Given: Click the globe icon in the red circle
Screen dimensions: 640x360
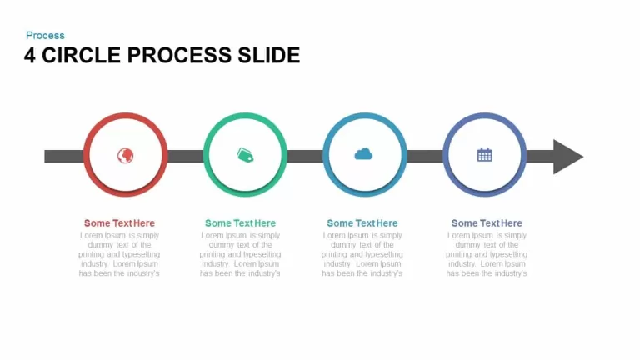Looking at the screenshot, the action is (x=125, y=156).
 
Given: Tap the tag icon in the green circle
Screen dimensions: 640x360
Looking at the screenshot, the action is (x=245, y=155).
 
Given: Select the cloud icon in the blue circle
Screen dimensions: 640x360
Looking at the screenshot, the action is (x=363, y=154).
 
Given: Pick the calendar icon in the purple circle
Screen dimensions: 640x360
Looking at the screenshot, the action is (x=484, y=155).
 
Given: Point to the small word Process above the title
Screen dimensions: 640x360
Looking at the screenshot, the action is (x=45, y=36).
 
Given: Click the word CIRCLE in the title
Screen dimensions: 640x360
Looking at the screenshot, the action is (x=81, y=56).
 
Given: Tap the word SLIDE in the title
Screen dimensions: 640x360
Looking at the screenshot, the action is (x=269, y=56).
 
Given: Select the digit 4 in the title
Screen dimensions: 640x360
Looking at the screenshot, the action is (x=30, y=56).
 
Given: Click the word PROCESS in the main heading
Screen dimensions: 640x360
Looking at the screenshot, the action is (x=180, y=56).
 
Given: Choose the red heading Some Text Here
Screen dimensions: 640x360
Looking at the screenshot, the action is (x=119, y=222).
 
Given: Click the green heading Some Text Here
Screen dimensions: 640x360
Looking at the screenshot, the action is (x=240, y=222).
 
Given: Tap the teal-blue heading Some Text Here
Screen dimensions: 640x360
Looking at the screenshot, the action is (x=362, y=222).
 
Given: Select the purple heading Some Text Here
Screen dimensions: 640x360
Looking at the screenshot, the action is (x=487, y=222).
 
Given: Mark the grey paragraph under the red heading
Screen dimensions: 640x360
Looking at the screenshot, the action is (x=119, y=254).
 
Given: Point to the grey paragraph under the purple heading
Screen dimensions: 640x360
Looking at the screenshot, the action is (x=487, y=254).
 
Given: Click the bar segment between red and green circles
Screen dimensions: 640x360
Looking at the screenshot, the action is (x=185, y=157).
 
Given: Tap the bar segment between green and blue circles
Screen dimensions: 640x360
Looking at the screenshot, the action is (x=305, y=157).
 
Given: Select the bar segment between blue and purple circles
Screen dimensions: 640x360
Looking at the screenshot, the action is (x=425, y=157).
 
